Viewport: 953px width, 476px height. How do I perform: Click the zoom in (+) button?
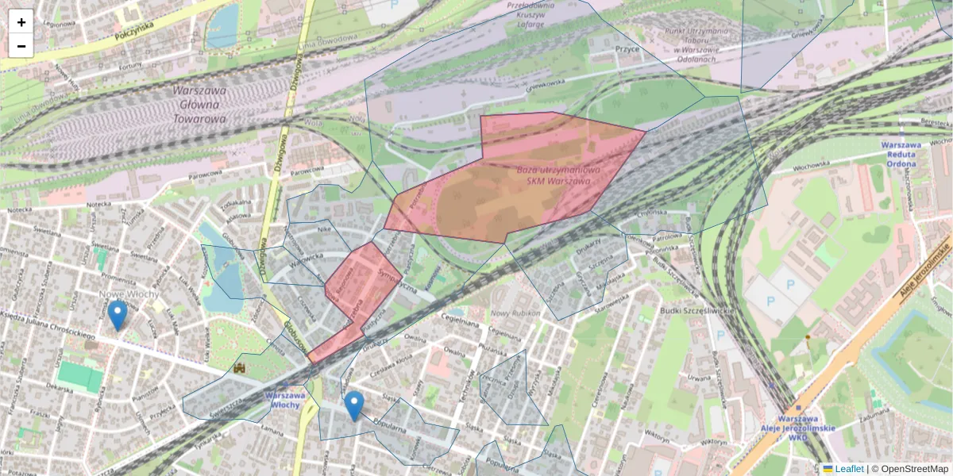(x=21, y=22)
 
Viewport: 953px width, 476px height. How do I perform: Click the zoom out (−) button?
(x=21, y=46)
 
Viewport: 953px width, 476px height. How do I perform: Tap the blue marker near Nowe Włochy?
(x=118, y=315)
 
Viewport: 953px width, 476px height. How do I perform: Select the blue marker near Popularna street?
(x=354, y=405)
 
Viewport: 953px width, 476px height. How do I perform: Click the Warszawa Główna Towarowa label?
(x=199, y=105)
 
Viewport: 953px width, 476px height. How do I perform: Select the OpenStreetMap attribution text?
(x=915, y=469)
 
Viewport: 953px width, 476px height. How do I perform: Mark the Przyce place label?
(x=627, y=48)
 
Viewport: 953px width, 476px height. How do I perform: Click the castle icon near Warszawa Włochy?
(x=240, y=369)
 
